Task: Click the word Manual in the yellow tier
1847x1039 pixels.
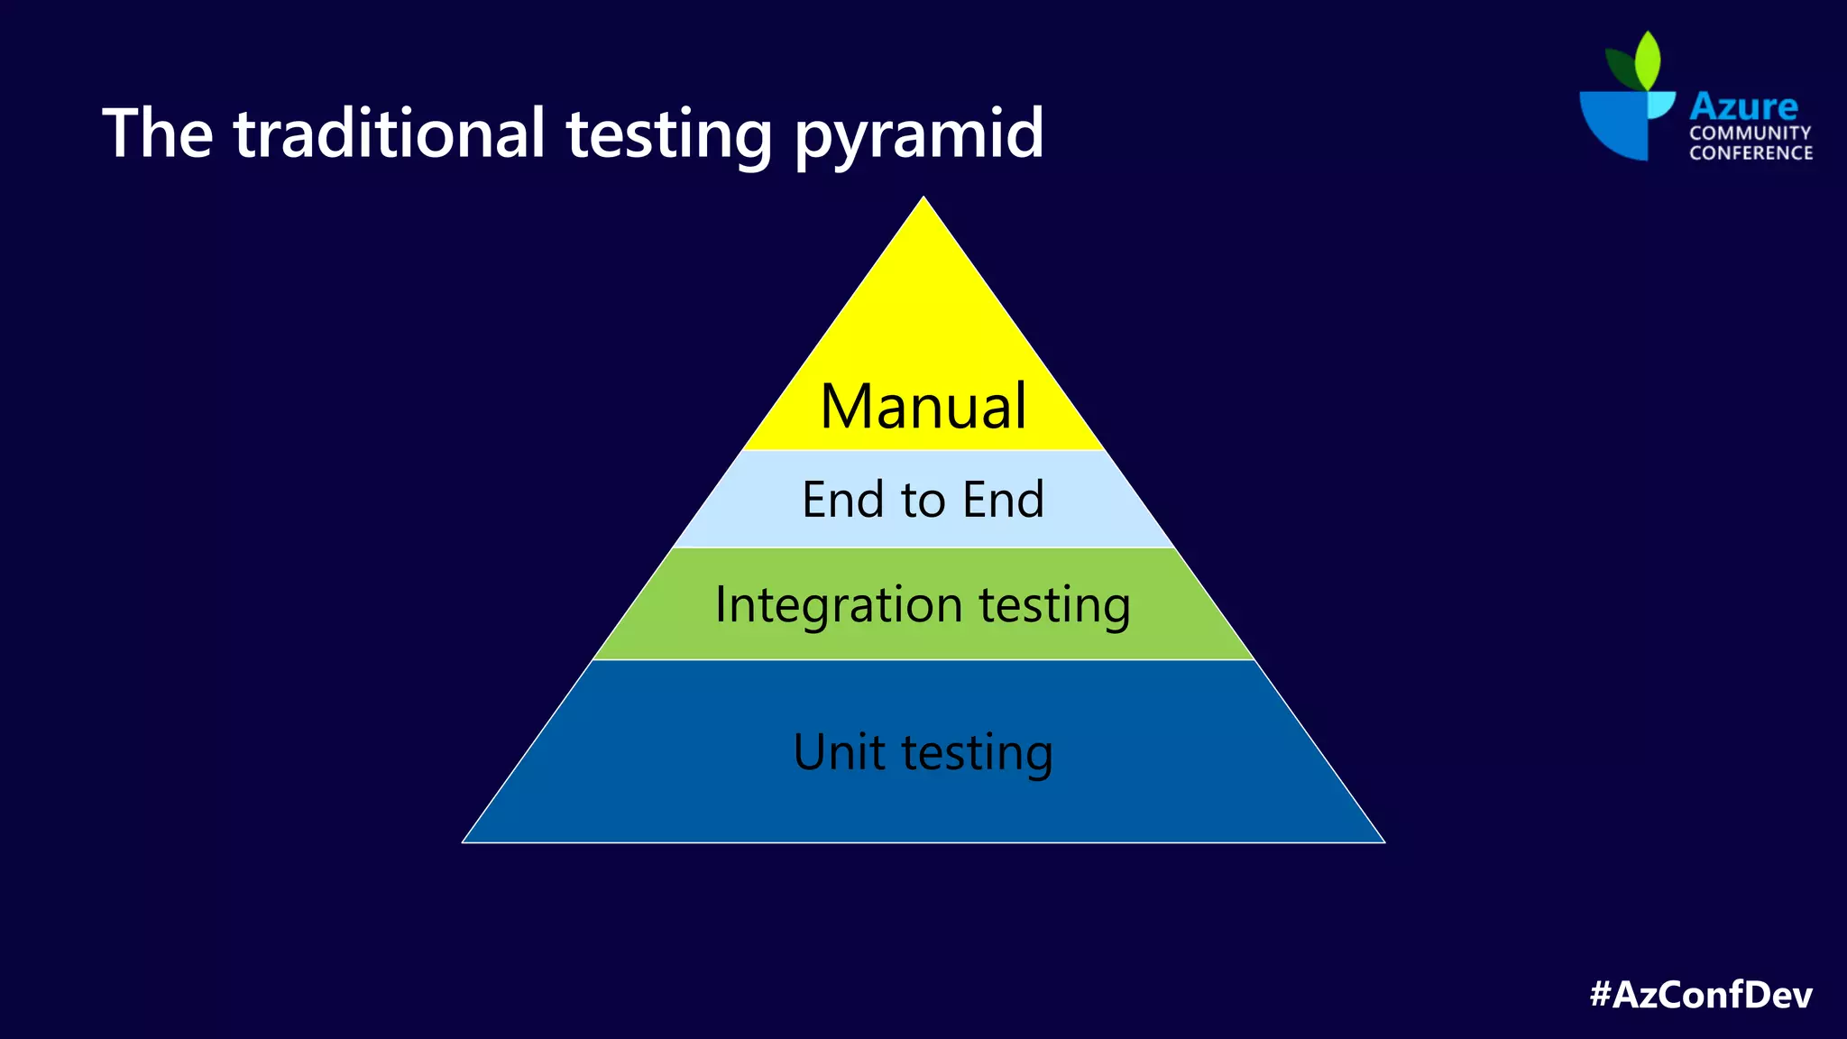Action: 923,407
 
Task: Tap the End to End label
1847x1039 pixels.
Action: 923,500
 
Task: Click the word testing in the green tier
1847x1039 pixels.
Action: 1054,605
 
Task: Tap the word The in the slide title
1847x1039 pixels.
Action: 158,133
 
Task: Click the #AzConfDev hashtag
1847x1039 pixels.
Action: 1701,995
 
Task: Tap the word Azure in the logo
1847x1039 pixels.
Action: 1743,106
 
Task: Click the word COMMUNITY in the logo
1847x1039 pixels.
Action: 1750,133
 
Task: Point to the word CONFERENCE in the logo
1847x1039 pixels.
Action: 1751,152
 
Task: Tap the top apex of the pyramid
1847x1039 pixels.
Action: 923,198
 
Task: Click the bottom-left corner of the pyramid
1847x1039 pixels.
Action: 464,841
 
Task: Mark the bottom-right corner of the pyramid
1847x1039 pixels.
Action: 1383,841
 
